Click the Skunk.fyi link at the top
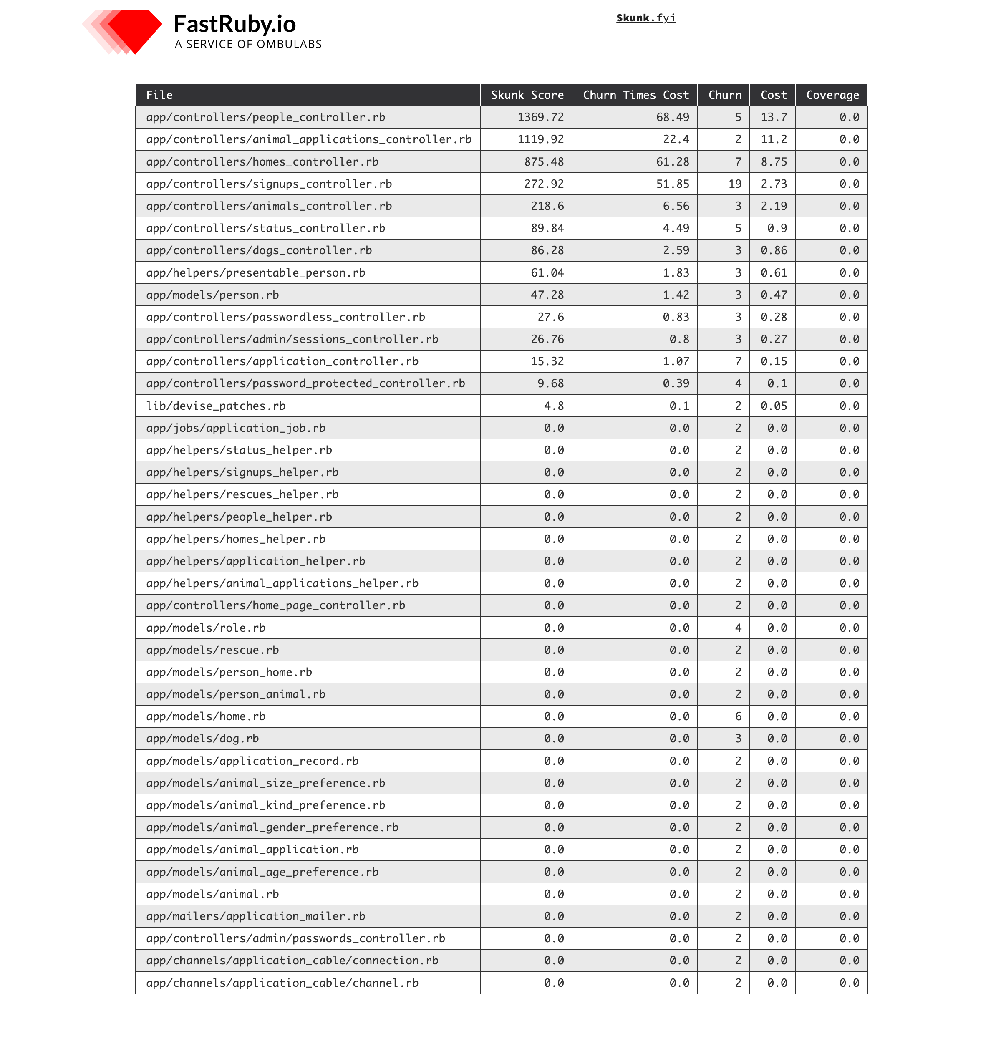(x=645, y=18)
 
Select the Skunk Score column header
(x=527, y=95)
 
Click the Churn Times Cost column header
(x=635, y=95)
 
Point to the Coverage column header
(x=832, y=95)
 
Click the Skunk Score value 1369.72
(x=540, y=117)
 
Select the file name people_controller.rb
(x=265, y=117)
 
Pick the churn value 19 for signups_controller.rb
(x=734, y=184)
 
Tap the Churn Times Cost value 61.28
(x=672, y=162)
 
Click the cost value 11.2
(x=773, y=139)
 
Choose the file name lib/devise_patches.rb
(x=216, y=406)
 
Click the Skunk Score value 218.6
(x=547, y=206)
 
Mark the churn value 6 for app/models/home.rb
(x=738, y=716)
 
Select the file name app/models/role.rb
(x=206, y=628)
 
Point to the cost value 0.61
(x=773, y=273)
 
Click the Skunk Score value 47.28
(x=547, y=295)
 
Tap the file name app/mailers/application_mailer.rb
(x=256, y=916)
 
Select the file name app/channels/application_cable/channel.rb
(x=282, y=983)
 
